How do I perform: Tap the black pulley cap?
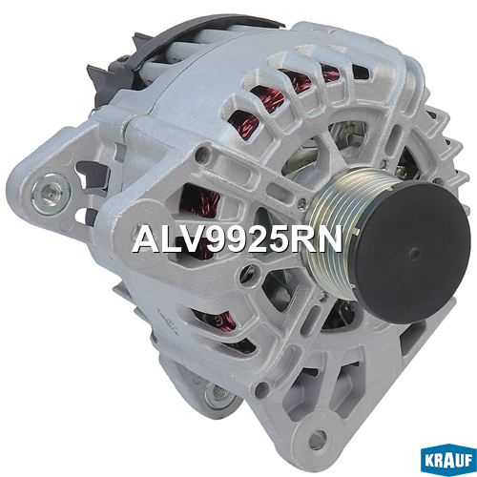[x=412, y=253]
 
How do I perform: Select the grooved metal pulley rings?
[x=335, y=234]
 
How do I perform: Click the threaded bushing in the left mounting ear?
[x=51, y=194]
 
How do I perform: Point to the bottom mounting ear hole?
[x=318, y=440]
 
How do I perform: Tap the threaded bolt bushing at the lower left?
[x=218, y=395]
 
